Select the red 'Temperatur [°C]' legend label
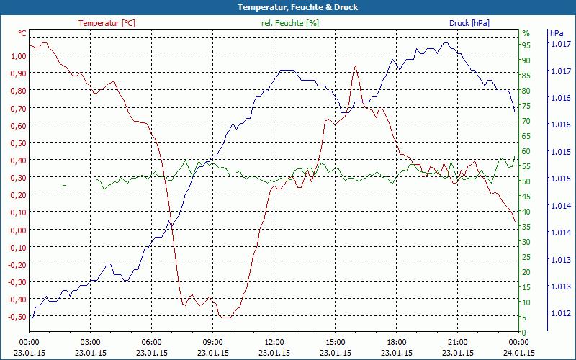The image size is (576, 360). [107, 23]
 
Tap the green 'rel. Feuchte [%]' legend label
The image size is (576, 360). [290, 23]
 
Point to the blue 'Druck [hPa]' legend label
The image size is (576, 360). [469, 23]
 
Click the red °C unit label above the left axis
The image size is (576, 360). [22, 33]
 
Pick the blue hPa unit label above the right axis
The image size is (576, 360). [557, 33]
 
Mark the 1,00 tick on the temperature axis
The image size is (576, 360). [18, 55]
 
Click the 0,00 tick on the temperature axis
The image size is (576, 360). [18, 230]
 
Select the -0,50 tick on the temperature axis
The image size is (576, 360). [17, 317]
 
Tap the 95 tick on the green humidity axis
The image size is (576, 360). [526, 45]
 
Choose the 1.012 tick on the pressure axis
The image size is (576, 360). [561, 313]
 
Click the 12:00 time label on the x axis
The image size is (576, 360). [274, 343]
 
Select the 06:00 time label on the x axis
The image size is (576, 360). [152, 343]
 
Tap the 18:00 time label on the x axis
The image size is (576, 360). [397, 343]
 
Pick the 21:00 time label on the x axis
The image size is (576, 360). [458, 343]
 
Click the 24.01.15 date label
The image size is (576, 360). [519, 353]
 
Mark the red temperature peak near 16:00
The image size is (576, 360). [355, 66]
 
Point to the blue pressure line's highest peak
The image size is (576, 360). [446, 42]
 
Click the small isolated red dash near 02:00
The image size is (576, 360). [64, 185]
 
